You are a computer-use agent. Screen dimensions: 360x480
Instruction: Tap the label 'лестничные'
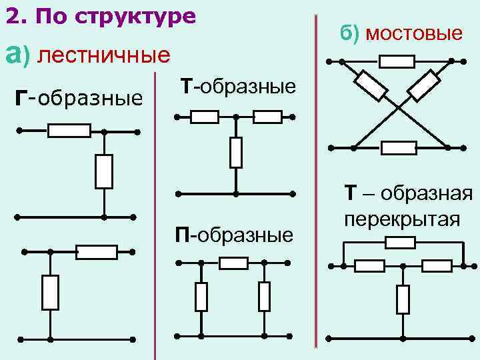104,55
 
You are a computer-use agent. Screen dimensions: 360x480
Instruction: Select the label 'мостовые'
413,33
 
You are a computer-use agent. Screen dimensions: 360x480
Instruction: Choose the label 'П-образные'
234,235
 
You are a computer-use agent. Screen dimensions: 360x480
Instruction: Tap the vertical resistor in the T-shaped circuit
235,153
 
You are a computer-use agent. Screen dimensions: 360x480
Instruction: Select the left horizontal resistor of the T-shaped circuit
204,117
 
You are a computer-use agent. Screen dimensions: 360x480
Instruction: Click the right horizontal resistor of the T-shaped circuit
267,117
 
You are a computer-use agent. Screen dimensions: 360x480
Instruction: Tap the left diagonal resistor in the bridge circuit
371,85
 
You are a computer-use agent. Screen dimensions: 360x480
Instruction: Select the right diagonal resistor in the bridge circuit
423,85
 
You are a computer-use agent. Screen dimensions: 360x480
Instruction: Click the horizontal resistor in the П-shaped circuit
233,263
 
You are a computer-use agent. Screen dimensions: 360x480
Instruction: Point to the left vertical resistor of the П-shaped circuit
201,297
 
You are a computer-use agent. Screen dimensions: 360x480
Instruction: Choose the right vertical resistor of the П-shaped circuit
265,297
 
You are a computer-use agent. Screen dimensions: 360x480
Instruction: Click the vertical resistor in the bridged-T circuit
403,299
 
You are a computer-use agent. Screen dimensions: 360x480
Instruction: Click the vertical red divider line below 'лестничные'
155,213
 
